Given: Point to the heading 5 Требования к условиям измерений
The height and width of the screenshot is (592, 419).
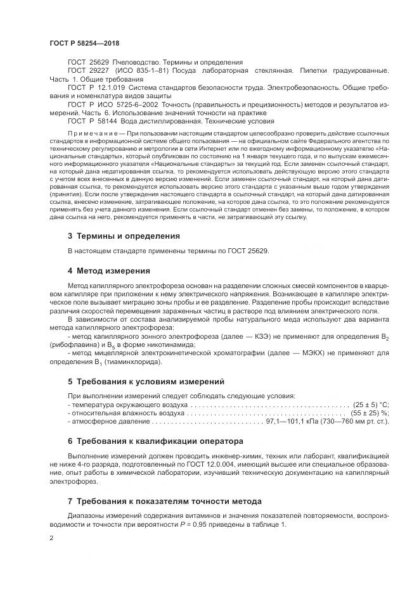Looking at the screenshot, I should click(x=146, y=382).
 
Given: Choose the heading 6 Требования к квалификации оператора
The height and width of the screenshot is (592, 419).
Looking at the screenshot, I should click(x=155, y=441).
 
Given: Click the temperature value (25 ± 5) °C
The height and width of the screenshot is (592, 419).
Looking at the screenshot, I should click(x=370, y=404).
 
